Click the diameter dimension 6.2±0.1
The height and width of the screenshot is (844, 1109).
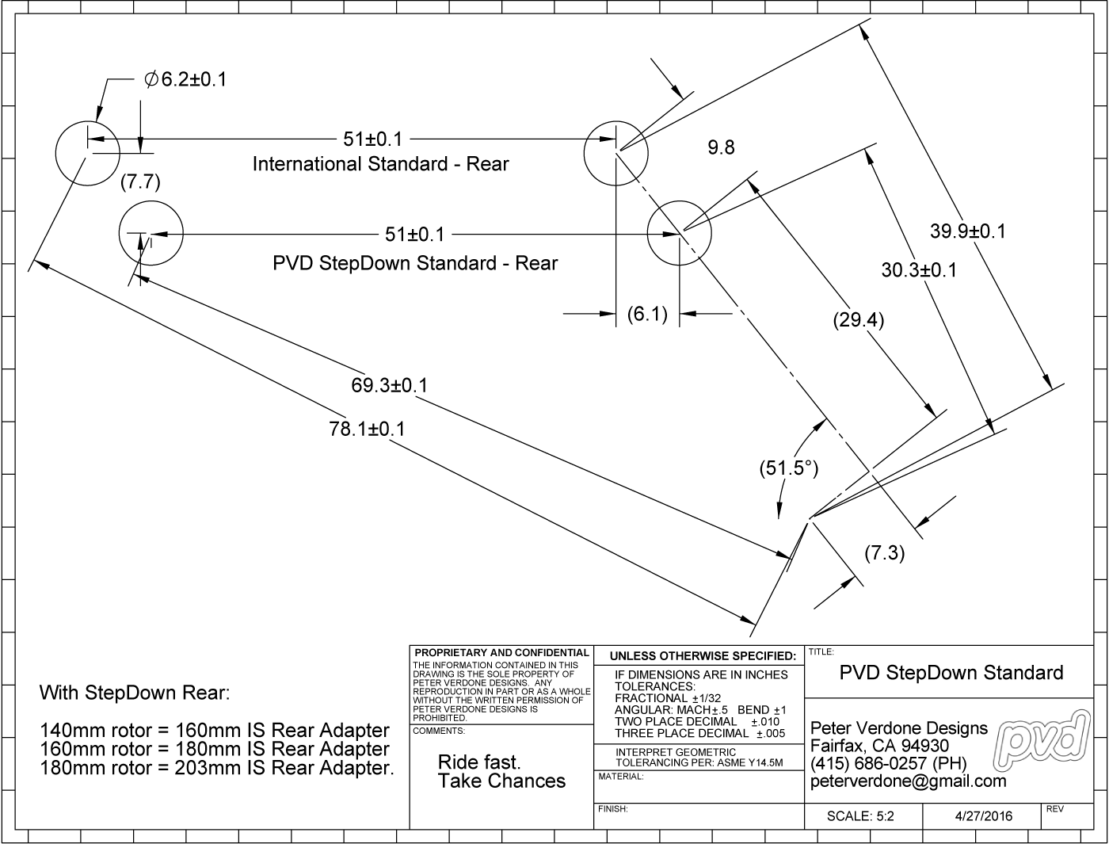[185, 79]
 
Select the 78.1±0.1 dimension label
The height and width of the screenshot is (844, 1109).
[367, 429]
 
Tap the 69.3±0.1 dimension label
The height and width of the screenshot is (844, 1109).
[389, 386]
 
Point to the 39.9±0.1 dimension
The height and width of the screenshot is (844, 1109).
[967, 231]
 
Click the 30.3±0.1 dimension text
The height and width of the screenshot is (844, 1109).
[919, 270]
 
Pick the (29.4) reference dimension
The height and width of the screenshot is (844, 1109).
[859, 320]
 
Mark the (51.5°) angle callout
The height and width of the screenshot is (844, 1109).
[788, 468]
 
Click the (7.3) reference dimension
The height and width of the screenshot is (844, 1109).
[884, 552]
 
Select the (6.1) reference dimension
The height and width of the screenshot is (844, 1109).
[647, 315]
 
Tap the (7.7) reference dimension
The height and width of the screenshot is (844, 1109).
[140, 182]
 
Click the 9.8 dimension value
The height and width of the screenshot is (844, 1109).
[721, 147]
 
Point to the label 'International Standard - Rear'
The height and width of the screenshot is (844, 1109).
[380, 164]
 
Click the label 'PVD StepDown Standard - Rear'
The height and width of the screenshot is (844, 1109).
[415, 263]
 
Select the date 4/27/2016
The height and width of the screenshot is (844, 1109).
[983, 816]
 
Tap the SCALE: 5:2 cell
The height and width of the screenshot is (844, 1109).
[860, 816]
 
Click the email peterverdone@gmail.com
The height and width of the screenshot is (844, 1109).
[909, 781]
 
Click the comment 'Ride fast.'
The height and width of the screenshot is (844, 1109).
[479, 762]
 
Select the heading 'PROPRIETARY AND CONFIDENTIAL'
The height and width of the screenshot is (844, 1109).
[501, 653]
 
